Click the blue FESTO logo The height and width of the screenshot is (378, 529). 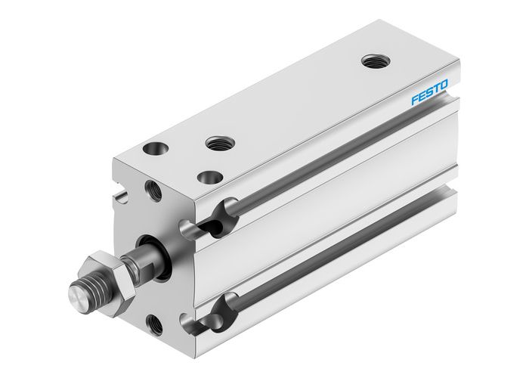[x=429, y=94]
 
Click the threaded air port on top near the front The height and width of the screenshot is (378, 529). [x=219, y=141]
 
